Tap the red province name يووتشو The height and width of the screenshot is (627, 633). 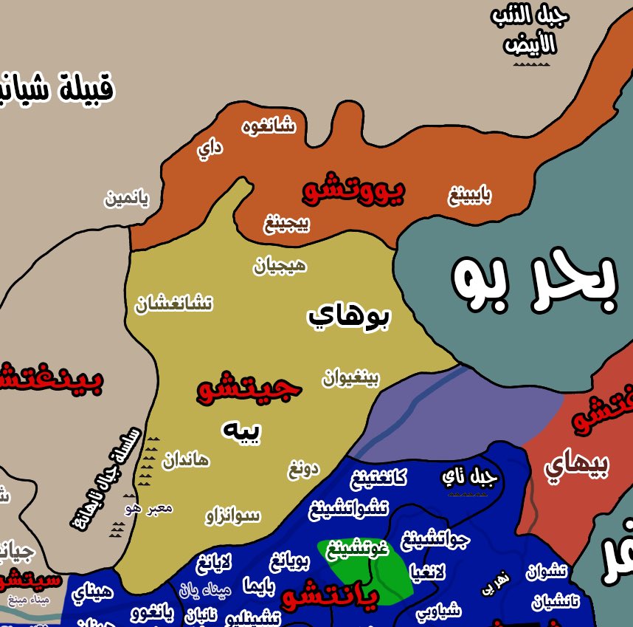(353, 191)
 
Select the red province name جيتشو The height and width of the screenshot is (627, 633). (249, 389)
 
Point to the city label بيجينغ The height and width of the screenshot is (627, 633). (287, 222)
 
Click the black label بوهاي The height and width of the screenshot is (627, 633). (348, 317)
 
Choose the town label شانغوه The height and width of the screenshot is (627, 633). (269, 126)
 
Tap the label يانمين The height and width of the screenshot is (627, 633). (126, 199)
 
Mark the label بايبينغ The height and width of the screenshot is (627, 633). (470, 196)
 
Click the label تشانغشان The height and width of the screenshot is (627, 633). (174, 304)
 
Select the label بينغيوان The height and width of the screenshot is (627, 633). (350, 379)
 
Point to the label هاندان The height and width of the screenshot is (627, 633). (186, 460)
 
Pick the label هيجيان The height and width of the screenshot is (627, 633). (280, 266)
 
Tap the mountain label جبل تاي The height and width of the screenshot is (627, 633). (470, 477)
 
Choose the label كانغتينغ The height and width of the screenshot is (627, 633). (378, 478)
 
